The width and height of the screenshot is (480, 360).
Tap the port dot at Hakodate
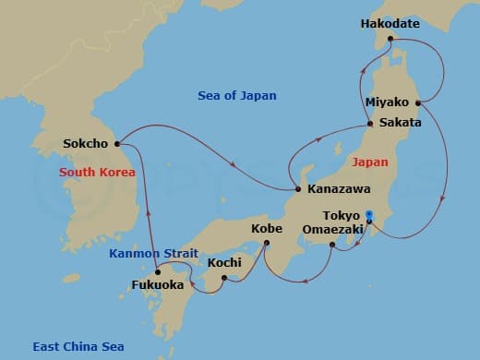390,39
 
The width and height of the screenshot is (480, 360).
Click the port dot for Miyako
420,102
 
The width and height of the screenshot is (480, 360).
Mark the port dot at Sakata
370,124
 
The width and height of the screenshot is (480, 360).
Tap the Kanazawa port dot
297,189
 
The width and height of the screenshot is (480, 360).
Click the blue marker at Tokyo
369,215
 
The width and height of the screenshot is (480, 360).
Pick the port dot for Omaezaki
332,246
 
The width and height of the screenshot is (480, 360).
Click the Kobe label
268,227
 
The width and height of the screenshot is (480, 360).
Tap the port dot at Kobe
266,244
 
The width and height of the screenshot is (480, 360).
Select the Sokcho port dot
118,144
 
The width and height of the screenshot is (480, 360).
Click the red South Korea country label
97,173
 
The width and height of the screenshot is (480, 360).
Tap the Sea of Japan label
237,96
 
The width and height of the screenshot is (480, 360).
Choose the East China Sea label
78,347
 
